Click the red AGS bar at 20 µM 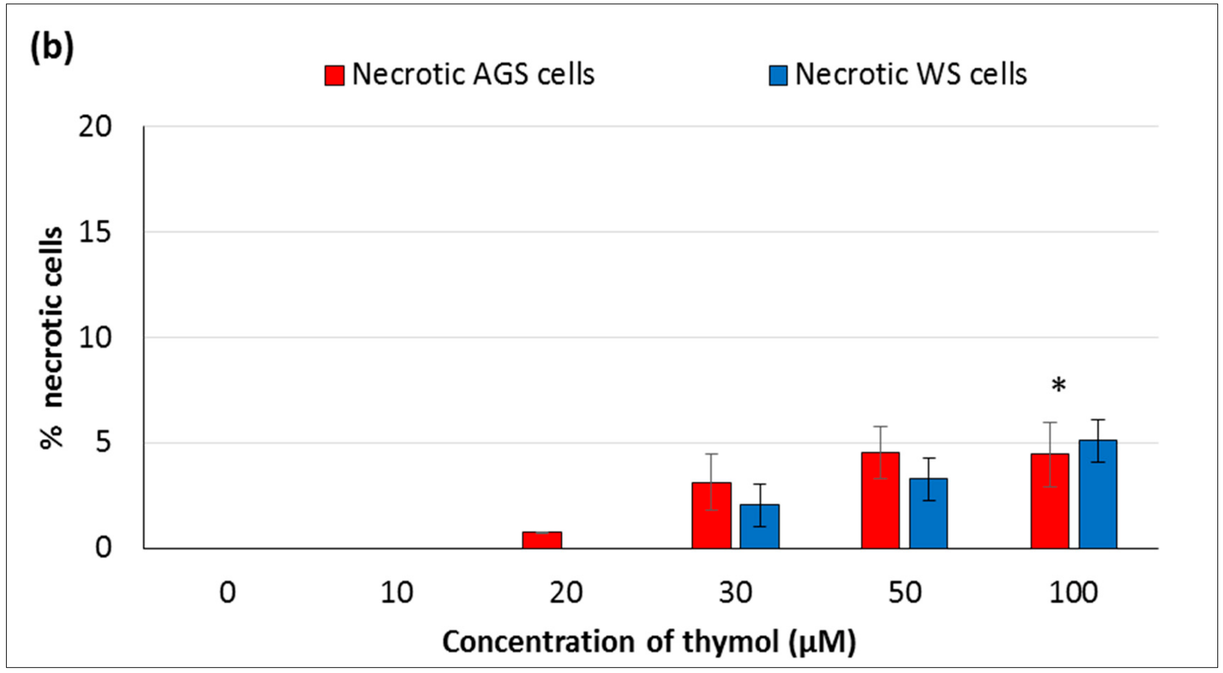542,540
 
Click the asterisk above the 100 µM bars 1059,386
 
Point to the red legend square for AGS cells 334,76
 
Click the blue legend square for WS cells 778,76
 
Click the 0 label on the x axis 227,593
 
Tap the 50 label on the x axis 904,593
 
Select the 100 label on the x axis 1073,593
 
